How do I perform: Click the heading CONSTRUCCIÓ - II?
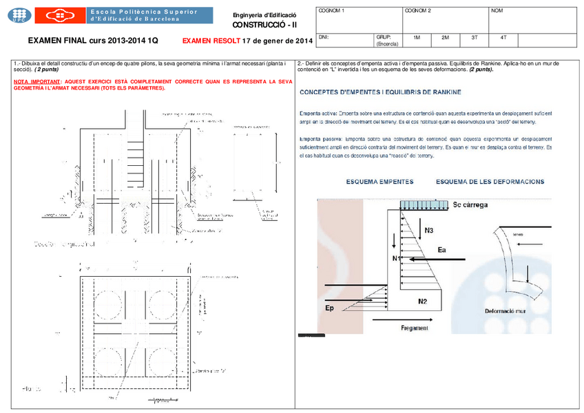[x=264, y=24]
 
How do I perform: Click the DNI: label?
[x=324, y=36]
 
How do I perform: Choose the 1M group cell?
[x=417, y=37]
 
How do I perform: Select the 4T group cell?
[x=503, y=37]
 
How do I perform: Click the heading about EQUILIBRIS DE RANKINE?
[x=381, y=92]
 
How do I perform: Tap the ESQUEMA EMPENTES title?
[x=379, y=182]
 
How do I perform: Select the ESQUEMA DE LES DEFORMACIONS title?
[x=490, y=182]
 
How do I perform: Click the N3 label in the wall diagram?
[x=429, y=231]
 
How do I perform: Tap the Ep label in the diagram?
[x=331, y=308]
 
